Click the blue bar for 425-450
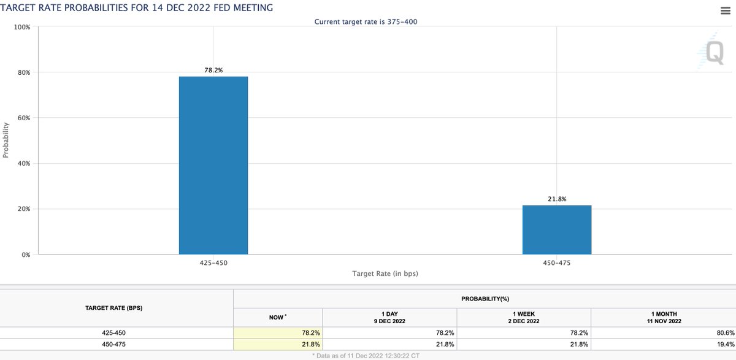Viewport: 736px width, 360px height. click(x=213, y=165)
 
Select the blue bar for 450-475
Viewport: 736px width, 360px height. click(x=557, y=229)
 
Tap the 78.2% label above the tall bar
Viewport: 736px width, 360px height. click(x=213, y=71)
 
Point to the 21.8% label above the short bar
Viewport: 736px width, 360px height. click(x=557, y=199)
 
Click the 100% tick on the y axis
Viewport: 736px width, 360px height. click(x=22, y=27)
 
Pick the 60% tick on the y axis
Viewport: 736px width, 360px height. click(x=23, y=118)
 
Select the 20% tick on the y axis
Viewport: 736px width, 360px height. click(x=23, y=209)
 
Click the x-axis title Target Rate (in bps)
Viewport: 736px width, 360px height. click(x=385, y=273)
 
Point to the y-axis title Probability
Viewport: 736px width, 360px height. click(x=6, y=140)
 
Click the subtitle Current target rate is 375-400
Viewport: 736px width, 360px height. click(x=367, y=21)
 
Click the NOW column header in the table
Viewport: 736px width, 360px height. click(x=277, y=317)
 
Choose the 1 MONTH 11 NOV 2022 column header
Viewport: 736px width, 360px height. click(x=663, y=317)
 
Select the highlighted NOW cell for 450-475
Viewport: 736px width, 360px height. click(x=277, y=344)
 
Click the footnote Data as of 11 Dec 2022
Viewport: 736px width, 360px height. click(x=368, y=355)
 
